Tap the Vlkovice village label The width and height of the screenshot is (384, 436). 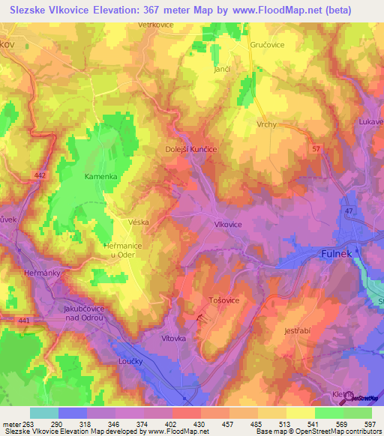pos(227,224)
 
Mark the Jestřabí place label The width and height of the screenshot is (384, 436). pos(298,331)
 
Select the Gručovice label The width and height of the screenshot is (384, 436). pos(268,45)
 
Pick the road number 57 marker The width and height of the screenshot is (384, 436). pos(316,150)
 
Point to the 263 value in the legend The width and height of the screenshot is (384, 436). pos(28,424)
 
